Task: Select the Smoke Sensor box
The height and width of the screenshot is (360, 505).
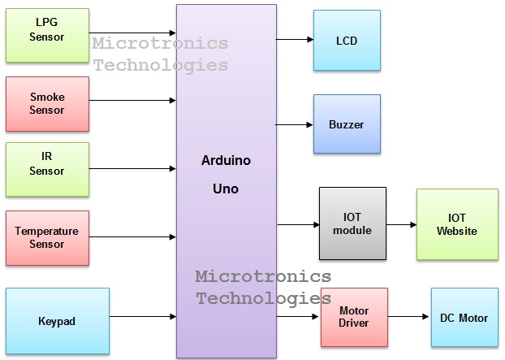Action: click(x=47, y=104)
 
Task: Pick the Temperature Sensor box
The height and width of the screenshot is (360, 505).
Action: click(x=47, y=237)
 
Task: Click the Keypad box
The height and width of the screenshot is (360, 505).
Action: click(x=57, y=321)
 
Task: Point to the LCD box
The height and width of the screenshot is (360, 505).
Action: click(x=347, y=40)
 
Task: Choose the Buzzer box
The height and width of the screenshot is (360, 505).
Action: click(x=347, y=124)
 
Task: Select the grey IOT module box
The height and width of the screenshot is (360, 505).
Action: click(x=352, y=223)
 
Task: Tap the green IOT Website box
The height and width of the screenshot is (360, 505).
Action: click(x=457, y=224)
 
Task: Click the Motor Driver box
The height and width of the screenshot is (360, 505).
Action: click(x=354, y=317)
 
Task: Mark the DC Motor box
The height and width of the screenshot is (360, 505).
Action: click(x=464, y=317)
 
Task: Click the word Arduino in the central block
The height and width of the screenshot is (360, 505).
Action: click(x=226, y=161)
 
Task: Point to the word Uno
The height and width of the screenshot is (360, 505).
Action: click(x=226, y=188)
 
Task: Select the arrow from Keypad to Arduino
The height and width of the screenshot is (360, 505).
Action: click(x=142, y=317)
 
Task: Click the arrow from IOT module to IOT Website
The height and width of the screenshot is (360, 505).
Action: click(x=401, y=224)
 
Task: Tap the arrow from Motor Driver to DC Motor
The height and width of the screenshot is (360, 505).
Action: click(x=409, y=318)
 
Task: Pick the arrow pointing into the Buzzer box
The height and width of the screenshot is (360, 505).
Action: click(x=294, y=124)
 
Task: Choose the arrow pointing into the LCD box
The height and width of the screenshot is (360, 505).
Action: click(x=294, y=39)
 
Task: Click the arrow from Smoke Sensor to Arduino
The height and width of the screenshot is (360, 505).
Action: click(x=132, y=101)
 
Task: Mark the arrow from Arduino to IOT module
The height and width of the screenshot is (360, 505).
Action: click(x=297, y=224)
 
